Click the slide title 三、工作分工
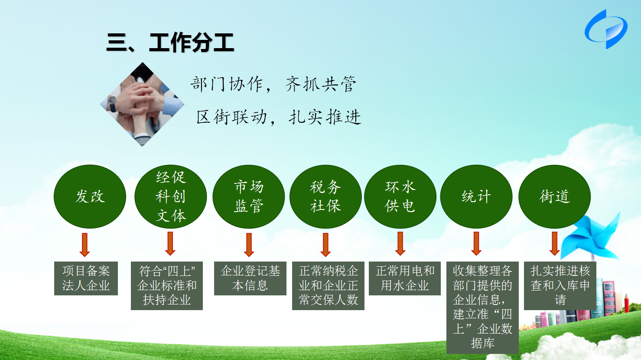[170, 43]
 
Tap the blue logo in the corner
[606, 29]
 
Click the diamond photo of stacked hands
[142, 104]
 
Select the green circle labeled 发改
[90, 196]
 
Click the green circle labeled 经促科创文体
[171, 196]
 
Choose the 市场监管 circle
[249, 196]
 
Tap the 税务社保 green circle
[325, 196]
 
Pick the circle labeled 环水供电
[400, 196]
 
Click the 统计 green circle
[476, 196]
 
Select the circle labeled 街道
[555, 196]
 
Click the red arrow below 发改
[85, 245]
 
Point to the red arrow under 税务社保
[325, 245]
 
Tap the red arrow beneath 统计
[476, 244]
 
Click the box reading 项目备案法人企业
[86, 278]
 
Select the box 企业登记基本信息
[250, 278]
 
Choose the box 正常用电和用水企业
[405, 278]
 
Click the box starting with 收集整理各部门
[482, 308]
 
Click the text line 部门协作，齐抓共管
[273, 85]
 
